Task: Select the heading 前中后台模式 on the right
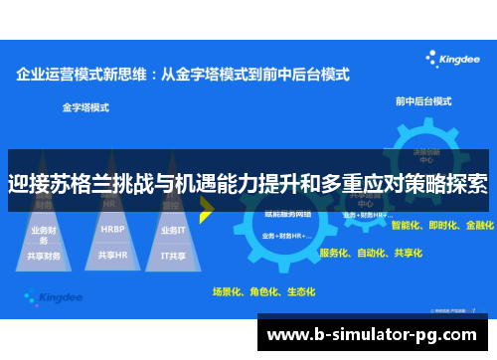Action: click(x=424, y=101)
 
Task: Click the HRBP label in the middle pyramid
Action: click(x=111, y=229)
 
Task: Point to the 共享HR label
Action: click(x=111, y=255)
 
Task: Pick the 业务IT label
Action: click(x=173, y=229)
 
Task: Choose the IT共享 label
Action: click(x=173, y=255)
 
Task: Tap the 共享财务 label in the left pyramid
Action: click(x=46, y=255)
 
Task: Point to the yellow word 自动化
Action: click(x=372, y=253)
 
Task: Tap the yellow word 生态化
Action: click(x=299, y=291)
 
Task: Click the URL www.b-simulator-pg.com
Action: click(x=378, y=332)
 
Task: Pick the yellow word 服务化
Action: click(x=335, y=253)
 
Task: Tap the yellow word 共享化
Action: click(x=409, y=253)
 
